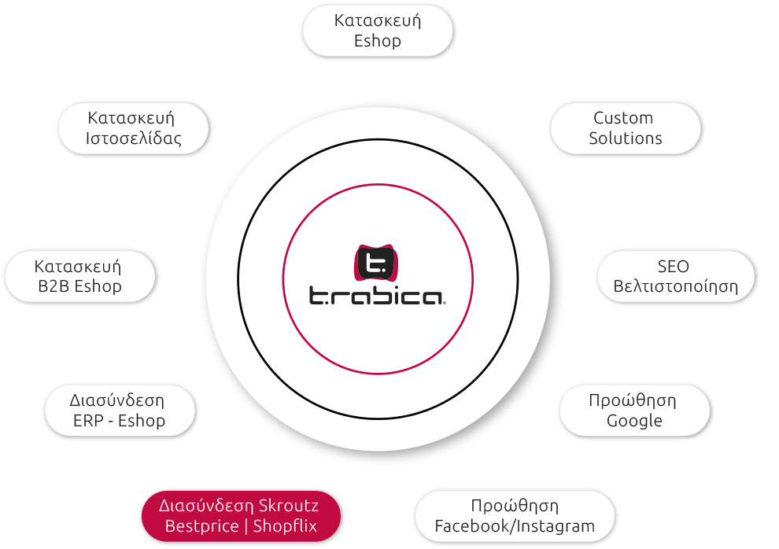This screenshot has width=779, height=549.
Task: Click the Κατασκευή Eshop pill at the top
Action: tap(378, 31)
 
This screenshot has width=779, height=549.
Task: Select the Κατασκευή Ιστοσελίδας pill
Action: tap(133, 128)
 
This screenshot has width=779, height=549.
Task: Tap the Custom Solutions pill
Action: tap(626, 128)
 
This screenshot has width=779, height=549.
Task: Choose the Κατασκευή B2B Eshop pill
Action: tap(80, 277)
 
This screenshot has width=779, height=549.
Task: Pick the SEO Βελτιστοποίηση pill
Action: tap(676, 277)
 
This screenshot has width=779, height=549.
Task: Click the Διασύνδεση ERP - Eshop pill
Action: tap(120, 411)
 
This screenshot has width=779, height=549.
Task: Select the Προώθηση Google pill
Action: tap(634, 411)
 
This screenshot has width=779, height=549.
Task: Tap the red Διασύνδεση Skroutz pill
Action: tap(241, 516)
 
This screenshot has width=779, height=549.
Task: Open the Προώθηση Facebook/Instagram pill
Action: tap(515, 516)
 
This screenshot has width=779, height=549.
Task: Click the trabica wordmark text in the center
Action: tap(377, 296)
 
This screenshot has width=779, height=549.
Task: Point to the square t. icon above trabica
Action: tap(377, 263)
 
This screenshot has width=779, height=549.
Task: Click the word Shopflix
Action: tap(285, 526)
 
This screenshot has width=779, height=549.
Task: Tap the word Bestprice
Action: tap(201, 526)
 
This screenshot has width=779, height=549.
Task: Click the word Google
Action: tap(634, 421)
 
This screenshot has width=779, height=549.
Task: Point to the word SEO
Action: tap(674, 267)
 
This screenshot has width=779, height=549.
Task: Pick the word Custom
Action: tap(623, 118)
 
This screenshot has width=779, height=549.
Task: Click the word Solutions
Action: tap(626, 138)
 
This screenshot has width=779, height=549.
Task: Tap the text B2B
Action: tap(52, 286)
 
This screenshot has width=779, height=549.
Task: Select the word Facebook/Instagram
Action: tap(515, 526)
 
